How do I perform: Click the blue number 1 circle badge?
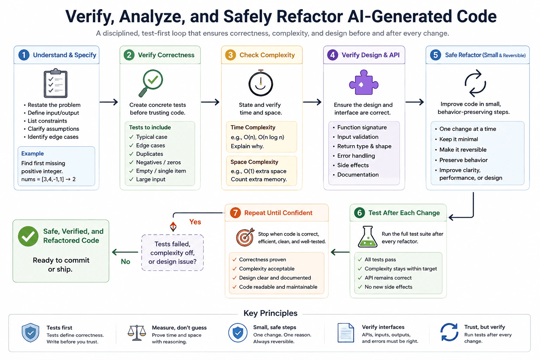[x=24, y=55]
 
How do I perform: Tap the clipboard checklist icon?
[x=56, y=83]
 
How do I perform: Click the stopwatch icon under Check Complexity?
[x=261, y=83]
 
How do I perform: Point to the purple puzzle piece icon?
[x=364, y=83]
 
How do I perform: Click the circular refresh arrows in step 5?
[x=475, y=83]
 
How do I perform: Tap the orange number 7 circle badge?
[x=235, y=213]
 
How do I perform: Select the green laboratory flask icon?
[x=367, y=237]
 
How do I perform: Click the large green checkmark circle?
[x=28, y=236]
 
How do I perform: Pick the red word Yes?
[x=195, y=222]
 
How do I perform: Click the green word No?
[x=126, y=262]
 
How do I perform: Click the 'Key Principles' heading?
[x=270, y=313]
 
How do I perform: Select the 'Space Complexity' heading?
[x=254, y=162]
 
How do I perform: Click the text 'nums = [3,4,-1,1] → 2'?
[x=49, y=179]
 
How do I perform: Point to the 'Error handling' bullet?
[x=356, y=156]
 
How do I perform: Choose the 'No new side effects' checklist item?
[x=388, y=287]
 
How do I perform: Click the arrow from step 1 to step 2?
[x=109, y=102]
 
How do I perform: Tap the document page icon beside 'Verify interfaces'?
[x=346, y=333]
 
